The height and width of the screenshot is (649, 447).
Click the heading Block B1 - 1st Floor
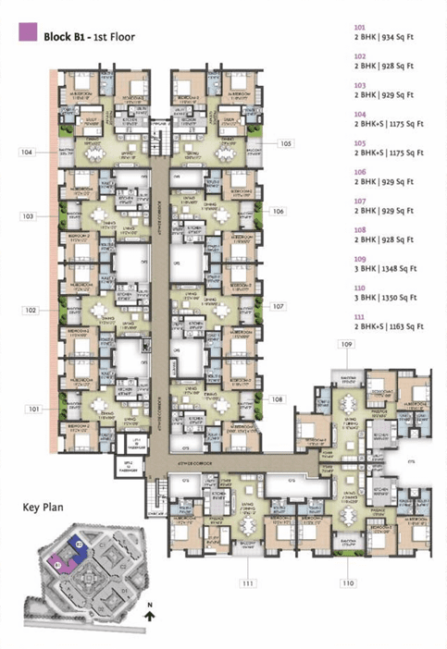pyautogui.click(x=89, y=35)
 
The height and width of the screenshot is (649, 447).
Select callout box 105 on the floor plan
pyautogui.click(x=286, y=143)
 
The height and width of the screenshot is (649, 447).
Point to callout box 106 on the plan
pyautogui.click(x=278, y=211)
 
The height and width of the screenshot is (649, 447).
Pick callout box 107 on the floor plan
pyautogui.click(x=278, y=305)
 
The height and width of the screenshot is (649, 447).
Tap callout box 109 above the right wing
pyautogui.click(x=347, y=344)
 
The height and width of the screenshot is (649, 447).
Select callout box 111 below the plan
pyautogui.click(x=248, y=582)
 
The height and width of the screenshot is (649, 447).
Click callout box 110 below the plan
pyautogui.click(x=348, y=582)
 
